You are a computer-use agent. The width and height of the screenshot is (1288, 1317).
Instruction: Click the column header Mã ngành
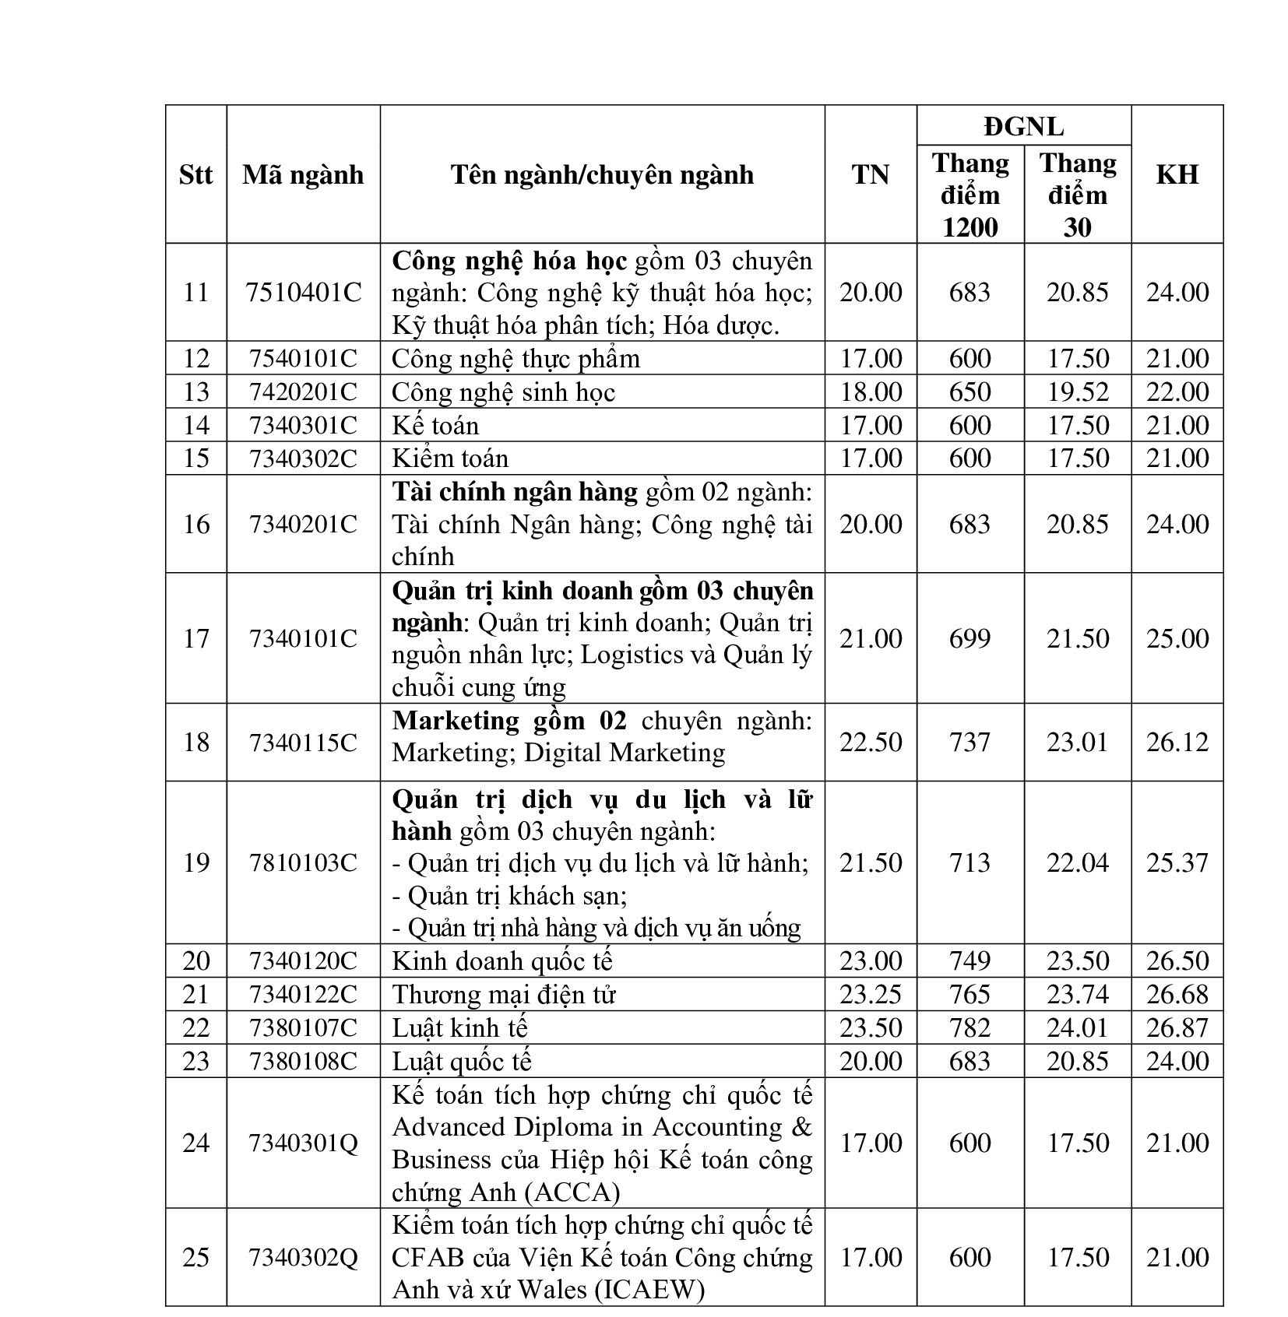[303, 174]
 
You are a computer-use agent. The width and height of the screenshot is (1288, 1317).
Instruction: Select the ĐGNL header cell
[1023, 126]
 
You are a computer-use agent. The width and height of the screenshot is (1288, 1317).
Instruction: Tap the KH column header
[1177, 174]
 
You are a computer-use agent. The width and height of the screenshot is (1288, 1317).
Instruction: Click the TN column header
[871, 174]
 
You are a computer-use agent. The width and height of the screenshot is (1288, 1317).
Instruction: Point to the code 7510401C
[303, 293]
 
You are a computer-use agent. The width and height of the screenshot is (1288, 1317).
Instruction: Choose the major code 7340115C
[303, 742]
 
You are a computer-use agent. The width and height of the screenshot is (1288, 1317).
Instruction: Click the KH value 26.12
[1177, 742]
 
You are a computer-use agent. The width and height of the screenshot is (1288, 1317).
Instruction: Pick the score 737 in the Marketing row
[970, 742]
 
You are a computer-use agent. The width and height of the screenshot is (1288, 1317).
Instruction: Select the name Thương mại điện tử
[504, 994]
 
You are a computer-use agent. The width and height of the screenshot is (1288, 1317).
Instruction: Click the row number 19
[195, 862]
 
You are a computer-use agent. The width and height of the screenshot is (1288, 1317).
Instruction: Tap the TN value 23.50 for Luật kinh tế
[871, 1027]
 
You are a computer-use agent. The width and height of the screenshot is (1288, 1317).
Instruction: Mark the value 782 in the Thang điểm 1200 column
[970, 1027]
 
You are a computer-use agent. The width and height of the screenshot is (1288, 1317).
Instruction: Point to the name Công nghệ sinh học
[503, 392]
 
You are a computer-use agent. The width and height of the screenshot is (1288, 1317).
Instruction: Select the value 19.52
[1077, 392]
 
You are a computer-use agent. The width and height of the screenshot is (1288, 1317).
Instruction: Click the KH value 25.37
[1177, 862]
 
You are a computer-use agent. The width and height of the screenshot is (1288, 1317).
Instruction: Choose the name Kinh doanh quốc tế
[502, 961]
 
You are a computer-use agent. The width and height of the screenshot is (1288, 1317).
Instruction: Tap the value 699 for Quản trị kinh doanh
[970, 638]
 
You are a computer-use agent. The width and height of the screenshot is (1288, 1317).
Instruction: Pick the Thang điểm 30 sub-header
[1077, 195]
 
